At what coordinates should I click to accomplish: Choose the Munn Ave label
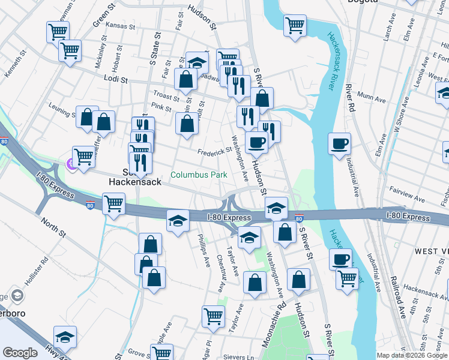pyautogui.click(x=371, y=95)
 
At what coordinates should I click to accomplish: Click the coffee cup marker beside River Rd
pyautogui.click(x=339, y=144)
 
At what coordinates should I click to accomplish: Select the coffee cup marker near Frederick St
pyautogui.click(x=256, y=143)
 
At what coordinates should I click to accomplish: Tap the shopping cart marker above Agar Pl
pyautogui.click(x=213, y=316)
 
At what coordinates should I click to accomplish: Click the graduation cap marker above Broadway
pyautogui.click(x=197, y=62)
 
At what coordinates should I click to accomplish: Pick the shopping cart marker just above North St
pyautogui.click(x=113, y=203)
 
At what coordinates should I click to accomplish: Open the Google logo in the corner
pyautogui.click(x=20, y=353)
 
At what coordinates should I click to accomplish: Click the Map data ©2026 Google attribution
pyautogui.click(x=412, y=355)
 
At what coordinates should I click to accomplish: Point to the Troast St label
pyautogui.click(x=166, y=96)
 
